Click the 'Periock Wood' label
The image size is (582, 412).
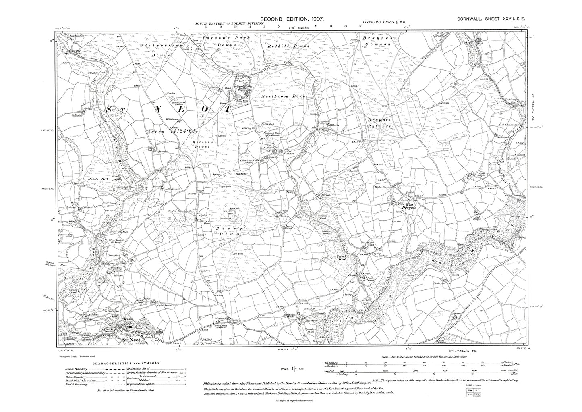tap(342, 258)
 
